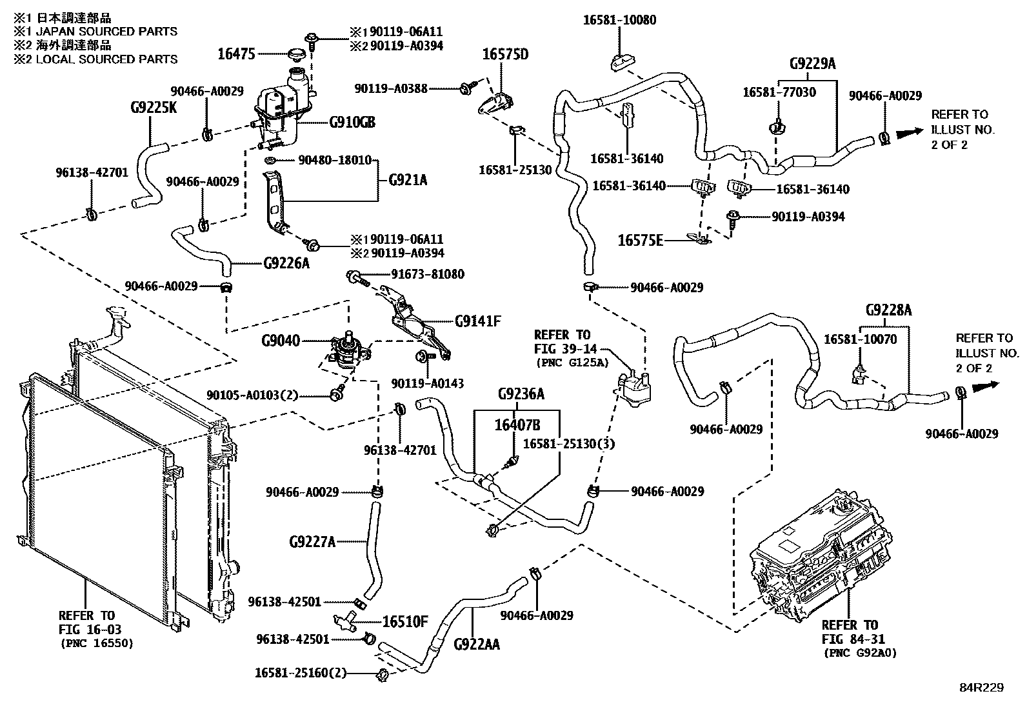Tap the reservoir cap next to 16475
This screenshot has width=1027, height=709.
tap(297, 54)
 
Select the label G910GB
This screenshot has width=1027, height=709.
tap(352, 122)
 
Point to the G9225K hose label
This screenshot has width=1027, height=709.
tap(153, 106)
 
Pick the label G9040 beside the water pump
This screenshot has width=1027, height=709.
tap(281, 340)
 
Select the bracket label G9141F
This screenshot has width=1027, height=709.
tap(477, 321)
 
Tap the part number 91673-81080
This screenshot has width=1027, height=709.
tap(427, 274)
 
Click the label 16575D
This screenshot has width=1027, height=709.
tap(505, 54)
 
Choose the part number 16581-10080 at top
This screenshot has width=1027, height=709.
tap(619, 20)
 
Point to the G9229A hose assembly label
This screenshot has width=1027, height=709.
tap(812, 63)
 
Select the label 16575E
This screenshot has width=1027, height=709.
tap(640, 241)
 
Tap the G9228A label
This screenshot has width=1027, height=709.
tap(888, 310)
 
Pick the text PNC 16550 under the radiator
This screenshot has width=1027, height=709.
tap(97, 643)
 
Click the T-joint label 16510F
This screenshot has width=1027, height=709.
tap(404, 622)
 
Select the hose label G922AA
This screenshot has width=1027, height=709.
tap(476, 643)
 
